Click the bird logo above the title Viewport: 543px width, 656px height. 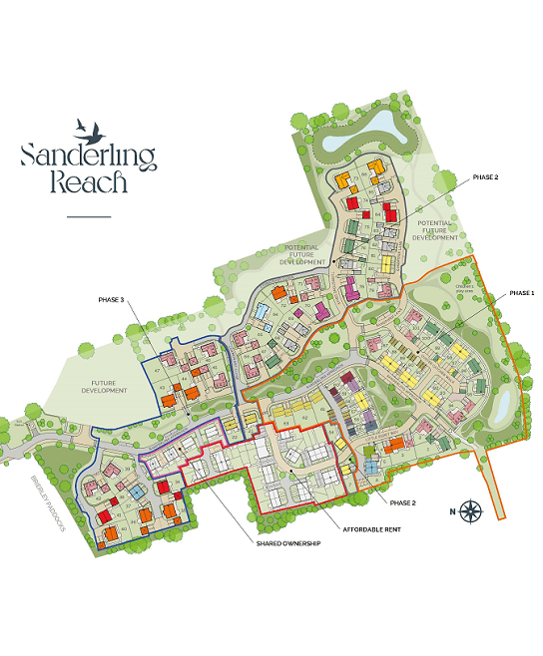point(88,128)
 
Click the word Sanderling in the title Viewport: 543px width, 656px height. point(88,157)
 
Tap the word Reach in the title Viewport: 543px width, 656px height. point(88,183)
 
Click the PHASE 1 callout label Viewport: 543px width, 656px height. point(522,293)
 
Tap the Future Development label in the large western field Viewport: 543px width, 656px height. point(104,387)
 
